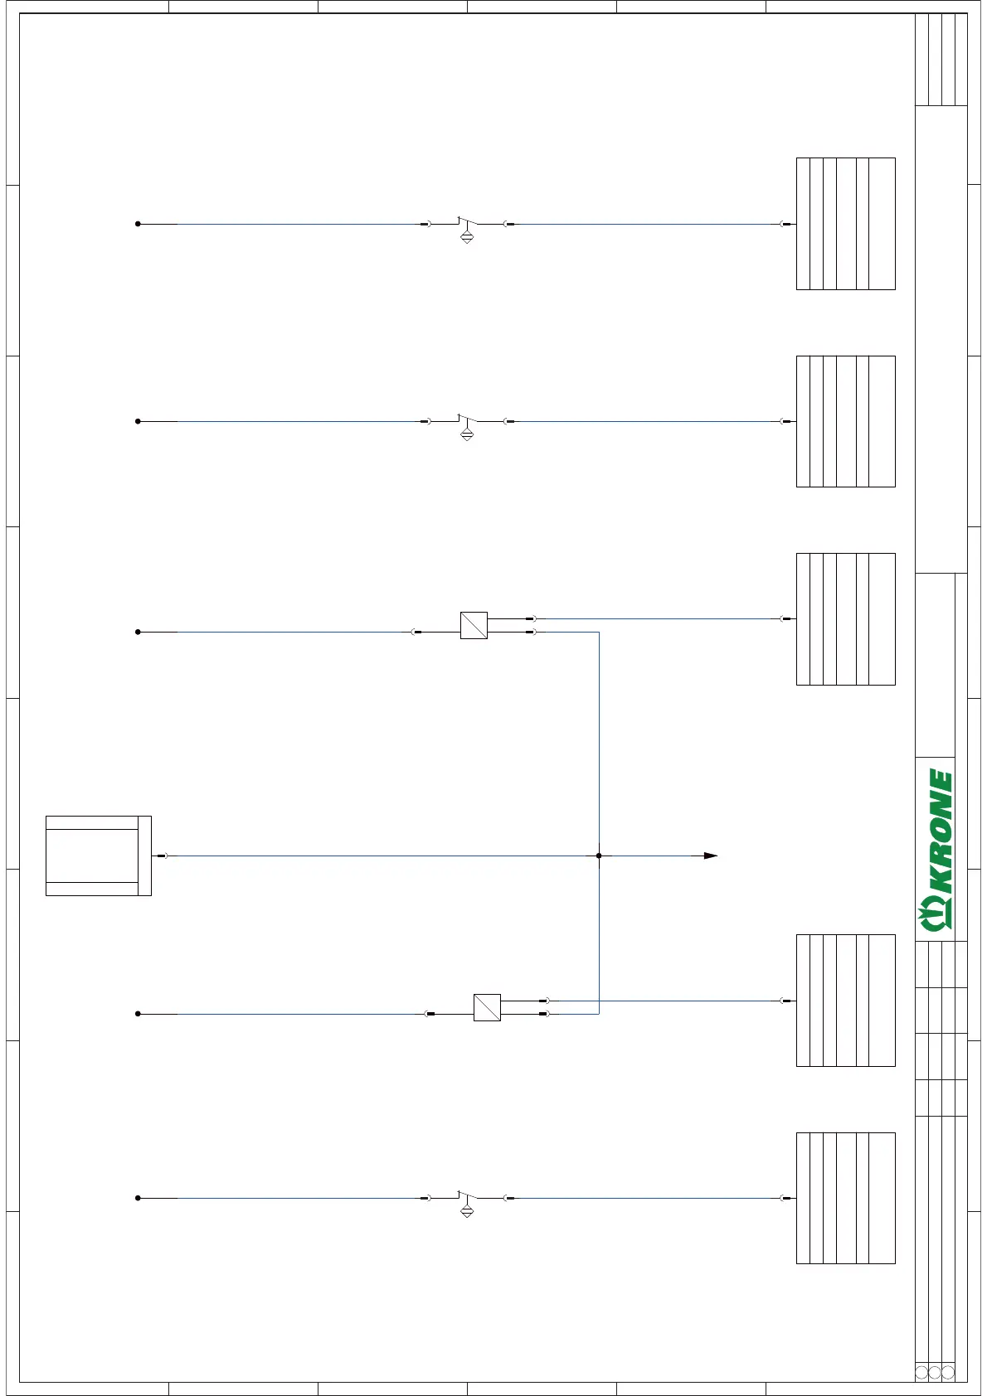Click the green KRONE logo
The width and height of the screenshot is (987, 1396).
936,849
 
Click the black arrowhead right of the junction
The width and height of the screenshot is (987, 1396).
711,856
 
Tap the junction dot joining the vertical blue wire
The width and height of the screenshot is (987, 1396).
599,856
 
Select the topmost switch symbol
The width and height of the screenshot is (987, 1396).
467,225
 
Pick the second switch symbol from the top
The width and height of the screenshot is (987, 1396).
467,423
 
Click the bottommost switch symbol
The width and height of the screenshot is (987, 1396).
467,1200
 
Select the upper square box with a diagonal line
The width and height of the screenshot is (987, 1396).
474,625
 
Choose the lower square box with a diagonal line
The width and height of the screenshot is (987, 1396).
487,1007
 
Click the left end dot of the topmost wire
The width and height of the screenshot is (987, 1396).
138,224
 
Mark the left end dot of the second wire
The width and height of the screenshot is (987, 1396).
138,421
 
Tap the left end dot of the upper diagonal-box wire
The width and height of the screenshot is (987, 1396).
138,632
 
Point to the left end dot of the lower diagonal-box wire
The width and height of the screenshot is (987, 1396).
138,1014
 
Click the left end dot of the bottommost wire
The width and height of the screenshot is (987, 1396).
138,1198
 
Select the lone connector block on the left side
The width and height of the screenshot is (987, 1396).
98,856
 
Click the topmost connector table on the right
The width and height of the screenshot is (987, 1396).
845,224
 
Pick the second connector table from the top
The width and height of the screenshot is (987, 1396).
845,421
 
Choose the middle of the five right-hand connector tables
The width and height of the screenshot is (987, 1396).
845,619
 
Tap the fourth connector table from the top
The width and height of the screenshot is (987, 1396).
845,1001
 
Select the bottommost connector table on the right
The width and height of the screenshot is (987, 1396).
845,1198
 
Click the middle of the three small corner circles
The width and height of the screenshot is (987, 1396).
935,1372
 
